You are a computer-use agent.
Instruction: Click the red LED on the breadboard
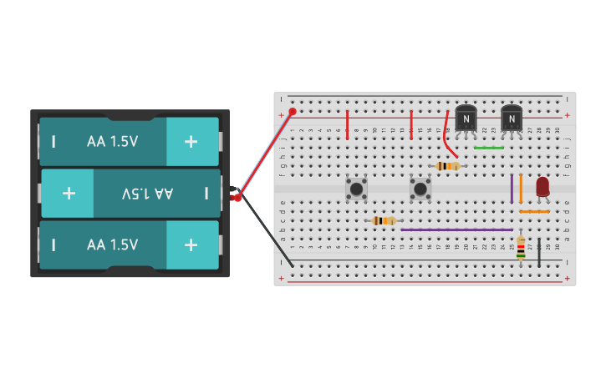coord(542,186)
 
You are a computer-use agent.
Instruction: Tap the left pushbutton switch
coord(356,189)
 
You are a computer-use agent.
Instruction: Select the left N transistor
coord(466,118)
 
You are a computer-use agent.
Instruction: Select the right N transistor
coord(511,118)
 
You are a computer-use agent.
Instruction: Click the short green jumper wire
coord(488,148)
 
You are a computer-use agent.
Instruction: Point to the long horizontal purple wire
coord(456,229)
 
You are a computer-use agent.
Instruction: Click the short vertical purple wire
coord(512,188)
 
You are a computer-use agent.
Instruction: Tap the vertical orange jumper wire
coord(521,188)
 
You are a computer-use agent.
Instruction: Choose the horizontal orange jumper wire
coord(534,212)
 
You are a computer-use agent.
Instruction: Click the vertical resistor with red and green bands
coord(521,247)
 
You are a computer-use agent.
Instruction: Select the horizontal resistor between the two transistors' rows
coord(448,166)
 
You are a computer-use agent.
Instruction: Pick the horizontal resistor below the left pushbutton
coord(383,220)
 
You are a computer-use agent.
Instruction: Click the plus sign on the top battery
coord(191,141)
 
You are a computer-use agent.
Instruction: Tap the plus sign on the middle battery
coord(69,193)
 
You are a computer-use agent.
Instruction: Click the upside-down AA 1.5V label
coord(148,194)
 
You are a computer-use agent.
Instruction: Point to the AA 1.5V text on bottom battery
coord(112,244)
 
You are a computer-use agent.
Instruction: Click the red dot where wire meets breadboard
coord(293,111)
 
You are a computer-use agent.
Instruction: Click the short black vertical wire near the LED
coord(539,252)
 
